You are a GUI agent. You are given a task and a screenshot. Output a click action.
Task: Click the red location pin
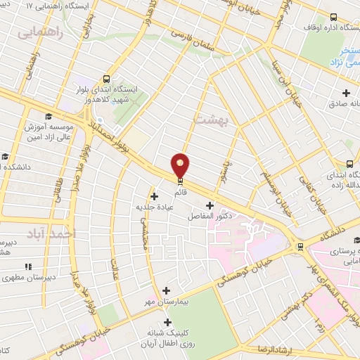coord(181,165)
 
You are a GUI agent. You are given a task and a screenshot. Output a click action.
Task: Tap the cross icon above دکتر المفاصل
coord(209,205)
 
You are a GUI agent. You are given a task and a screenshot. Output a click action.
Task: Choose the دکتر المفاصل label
coord(209,217)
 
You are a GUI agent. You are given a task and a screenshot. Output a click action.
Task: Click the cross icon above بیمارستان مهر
coord(167,290)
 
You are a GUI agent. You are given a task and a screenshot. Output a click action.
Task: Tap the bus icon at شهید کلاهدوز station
coord(106,79)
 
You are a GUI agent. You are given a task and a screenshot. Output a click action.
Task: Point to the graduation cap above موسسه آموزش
coord(48,117)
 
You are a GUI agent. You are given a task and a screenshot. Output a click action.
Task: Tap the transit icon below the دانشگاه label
coord(301,247)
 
